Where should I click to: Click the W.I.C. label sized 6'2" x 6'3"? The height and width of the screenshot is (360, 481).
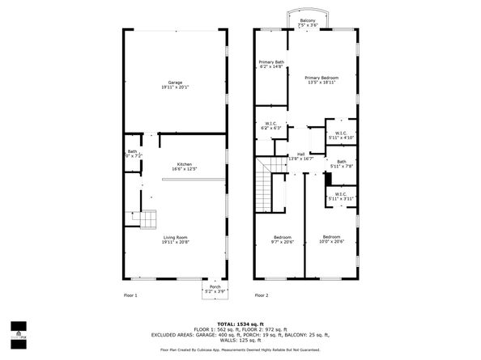[x=270, y=125]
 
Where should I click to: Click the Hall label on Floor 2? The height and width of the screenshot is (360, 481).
[x=300, y=156]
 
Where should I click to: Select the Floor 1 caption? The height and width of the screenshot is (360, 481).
[x=130, y=295]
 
